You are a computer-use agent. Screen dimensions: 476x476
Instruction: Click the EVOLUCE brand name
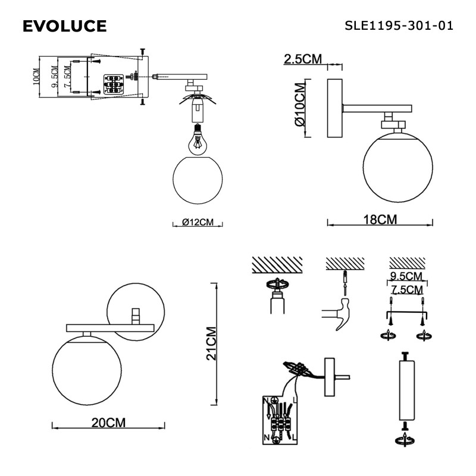click(x=64, y=26)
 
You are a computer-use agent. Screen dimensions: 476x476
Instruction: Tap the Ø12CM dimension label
click(x=198, y=223)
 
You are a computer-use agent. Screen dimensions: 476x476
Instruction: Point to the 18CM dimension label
click(x=380, y=219)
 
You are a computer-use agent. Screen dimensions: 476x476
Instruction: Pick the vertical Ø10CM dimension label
click(x=299, y=108)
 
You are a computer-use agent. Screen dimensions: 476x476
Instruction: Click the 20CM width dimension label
click(x=108, y=423)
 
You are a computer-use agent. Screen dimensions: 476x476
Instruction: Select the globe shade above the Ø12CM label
click(x=197, y=181)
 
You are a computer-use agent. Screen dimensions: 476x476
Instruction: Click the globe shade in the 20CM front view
click(x=87, y=369)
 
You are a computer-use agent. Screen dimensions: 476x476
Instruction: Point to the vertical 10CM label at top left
click(x=36, y=78)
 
